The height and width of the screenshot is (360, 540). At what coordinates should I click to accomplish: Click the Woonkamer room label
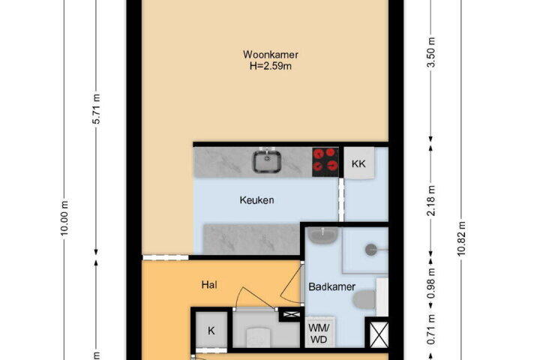coord(270,55)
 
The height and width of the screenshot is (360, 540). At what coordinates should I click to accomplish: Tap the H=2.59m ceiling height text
coord(270,66)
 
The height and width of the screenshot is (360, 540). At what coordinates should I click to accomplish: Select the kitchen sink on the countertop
coord(267,161)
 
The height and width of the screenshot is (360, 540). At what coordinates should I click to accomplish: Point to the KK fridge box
coord(358,163)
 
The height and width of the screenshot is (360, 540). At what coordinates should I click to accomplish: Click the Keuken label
coord(257,200)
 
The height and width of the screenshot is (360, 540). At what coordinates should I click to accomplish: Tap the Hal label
coord(209,285)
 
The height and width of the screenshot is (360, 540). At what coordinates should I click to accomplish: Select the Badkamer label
coord(331,286)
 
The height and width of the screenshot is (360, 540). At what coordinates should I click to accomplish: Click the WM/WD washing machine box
coord(319,333)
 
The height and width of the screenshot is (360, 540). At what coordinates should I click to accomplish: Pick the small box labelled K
coord(211,331)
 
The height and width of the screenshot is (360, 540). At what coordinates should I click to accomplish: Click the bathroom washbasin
coord(322,236)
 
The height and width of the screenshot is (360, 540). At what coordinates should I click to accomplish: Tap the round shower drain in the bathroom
coord(371,250)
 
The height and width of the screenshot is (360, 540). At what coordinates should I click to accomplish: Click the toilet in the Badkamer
coord(364,299)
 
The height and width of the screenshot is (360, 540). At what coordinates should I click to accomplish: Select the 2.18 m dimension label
coord(430,201)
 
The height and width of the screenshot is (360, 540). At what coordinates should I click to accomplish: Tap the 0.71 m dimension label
coord(430,329)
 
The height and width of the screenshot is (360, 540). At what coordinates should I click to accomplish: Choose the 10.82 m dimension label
coord(461,238)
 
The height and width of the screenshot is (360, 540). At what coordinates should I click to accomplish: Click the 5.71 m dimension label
coord(97,109)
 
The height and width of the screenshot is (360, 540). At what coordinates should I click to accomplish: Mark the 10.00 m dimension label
coord(64,218)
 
